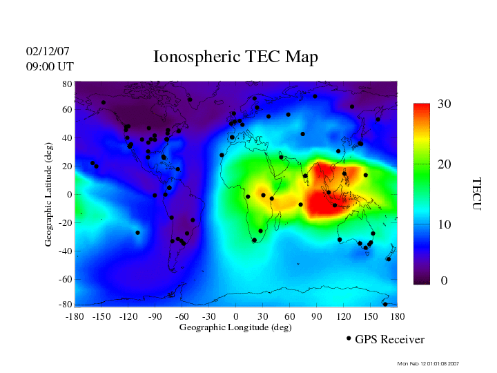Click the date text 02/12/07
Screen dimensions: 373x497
click(48, 52)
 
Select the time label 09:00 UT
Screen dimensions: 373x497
click(50, 66)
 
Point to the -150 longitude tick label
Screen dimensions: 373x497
click(101, 316)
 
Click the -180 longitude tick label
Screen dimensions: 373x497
click(75, 316)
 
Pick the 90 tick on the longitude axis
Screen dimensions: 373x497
click(317, 316)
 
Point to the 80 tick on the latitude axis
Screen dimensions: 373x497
click(68, 84)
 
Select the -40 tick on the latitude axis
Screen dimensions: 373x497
click(66, 251)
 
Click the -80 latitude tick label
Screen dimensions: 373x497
click(66, 305)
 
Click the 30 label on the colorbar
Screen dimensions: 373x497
click(445, 104)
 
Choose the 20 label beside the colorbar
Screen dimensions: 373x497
click(445, 166)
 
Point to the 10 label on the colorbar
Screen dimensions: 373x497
click(445, 225)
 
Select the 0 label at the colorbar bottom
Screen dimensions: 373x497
click(445, 281)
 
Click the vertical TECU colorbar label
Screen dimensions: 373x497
click(476, 193)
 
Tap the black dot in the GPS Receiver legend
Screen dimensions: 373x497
click(349, 338)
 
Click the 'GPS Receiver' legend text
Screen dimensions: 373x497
click(389, 339)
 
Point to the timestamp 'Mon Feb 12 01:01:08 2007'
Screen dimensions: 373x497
click(429, 363)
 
